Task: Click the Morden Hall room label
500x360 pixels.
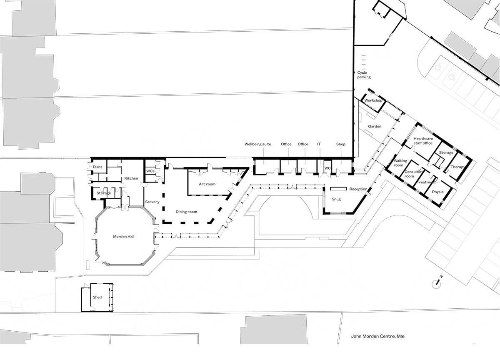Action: click(123, 237)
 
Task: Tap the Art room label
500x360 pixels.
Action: click(207, 184)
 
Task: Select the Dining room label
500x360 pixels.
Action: click(186, 212)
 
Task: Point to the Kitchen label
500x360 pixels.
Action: click(131, 178)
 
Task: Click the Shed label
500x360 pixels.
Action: click(97, 297)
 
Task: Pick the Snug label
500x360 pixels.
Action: click(336, 199)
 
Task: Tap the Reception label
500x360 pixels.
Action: click(358, 189)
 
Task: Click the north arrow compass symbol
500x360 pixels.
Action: click(437, 283)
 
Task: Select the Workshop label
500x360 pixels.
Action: click(373, 100)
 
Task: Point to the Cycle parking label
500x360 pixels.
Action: click(364, 75)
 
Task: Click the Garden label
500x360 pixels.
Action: click(375, 126)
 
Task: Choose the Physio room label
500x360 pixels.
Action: click(438, 192)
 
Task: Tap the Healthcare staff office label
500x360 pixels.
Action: click(423, 141)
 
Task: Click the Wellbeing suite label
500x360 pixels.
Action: click(258, 144)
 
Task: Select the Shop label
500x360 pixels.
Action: click(341, 144)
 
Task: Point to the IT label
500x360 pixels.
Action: click(319, 144)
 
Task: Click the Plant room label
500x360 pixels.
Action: click(97, 167)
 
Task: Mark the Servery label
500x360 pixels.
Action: click(152, 202)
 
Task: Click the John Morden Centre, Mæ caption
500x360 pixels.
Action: click(377, 336)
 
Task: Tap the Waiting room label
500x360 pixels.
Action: click(400, 163)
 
